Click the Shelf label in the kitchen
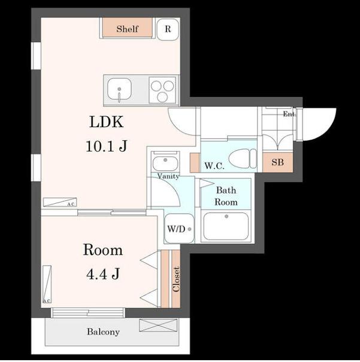[127, 29]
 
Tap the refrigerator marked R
[168, 29]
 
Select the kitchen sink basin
[119, 89]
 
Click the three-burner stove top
[162, 90]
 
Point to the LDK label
[107, 122]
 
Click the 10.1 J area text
[107, 146]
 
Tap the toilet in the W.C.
[243, 159]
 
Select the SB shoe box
[277, 162]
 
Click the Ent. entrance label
[289, 114]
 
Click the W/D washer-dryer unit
[179, 229]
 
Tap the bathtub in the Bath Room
[226, 227]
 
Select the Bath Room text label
[226, 196]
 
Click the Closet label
[176, 279]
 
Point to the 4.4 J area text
[103, 274]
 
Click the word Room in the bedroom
[102, 250]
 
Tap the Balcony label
[103, 332]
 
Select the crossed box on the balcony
[158, 325]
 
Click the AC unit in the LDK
[60, 202]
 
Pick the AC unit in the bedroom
[47, 285]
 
